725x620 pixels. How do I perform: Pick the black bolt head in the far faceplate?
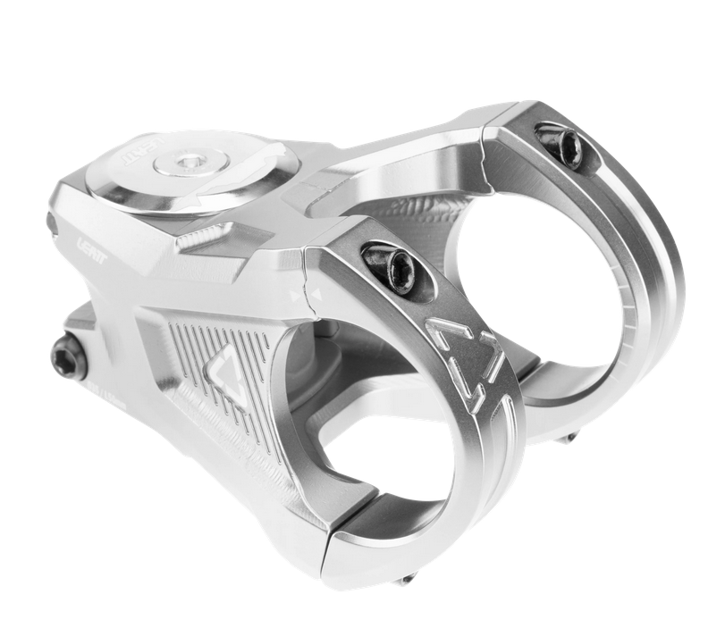[561, 145]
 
